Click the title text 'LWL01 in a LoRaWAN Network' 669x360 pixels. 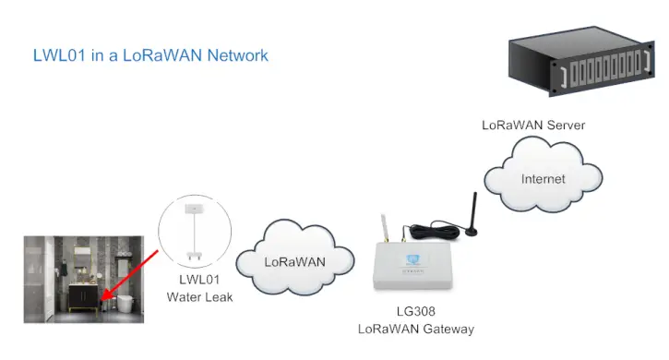tap(150, 55)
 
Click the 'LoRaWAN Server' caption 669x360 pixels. tap(533, 125)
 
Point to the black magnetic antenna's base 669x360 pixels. tap(472, 229)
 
